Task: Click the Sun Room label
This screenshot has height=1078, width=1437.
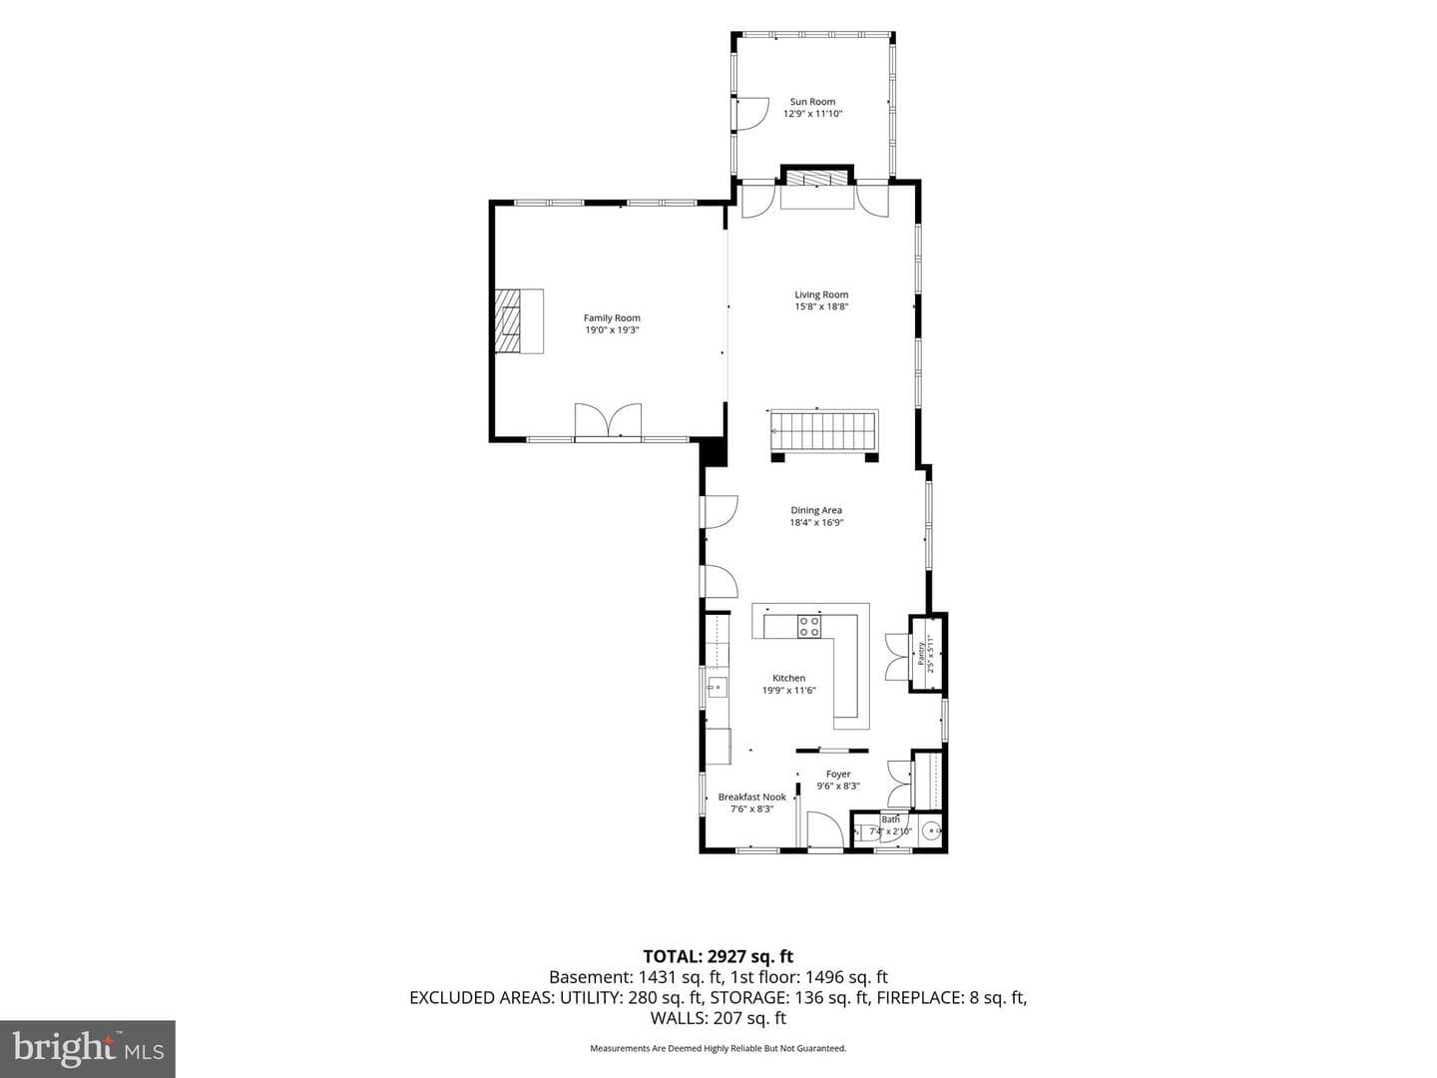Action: coord(812,102)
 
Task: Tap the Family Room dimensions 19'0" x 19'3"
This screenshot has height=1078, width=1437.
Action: coord(612,329)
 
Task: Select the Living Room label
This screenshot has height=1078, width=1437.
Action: coord(821,294)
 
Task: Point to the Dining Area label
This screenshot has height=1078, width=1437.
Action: coord(816,510)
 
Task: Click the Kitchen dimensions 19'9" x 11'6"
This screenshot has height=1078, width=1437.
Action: coord(789,690)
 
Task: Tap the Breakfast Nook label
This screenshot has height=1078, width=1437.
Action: coord(752,797)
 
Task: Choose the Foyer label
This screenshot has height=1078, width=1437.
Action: coord(838,774)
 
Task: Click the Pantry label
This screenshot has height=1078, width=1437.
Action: coord(921,653)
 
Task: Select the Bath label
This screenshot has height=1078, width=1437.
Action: coord(890,818)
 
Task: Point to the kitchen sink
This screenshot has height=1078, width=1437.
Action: coord(717,688)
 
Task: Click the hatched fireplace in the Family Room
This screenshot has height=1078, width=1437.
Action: coord(507,320)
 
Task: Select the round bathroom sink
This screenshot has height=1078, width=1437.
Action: coord(932,831)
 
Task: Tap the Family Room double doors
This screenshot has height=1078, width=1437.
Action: coord(608,420)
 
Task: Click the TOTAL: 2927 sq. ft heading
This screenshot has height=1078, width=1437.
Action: coord(718,956)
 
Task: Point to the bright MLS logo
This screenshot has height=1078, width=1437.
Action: coord(88,1048)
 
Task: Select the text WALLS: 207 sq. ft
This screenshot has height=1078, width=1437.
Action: coord(718,1018)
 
